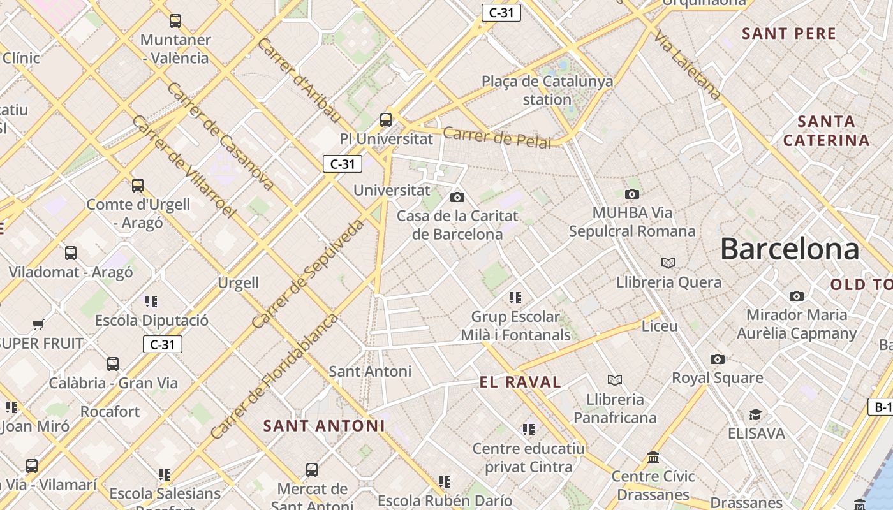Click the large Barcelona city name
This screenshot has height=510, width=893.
tap(790, 249)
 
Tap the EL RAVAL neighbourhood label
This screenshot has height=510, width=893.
tap(520, 382)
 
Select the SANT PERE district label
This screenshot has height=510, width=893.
tap(789, 34)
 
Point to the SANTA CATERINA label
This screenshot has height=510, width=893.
tap(826, 131)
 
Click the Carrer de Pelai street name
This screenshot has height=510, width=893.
tap(497, 138)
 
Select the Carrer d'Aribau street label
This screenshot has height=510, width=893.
tap(299, 80)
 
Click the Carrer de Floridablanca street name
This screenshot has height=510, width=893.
tap(274, 375)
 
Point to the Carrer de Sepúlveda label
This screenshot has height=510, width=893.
tap(308, 274)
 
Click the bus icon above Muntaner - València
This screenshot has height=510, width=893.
tap(175, 21)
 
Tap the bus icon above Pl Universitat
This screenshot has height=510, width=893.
tap(386, 119)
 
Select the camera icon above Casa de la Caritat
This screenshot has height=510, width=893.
tap(457, 197)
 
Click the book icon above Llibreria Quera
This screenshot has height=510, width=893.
tap(668, 263)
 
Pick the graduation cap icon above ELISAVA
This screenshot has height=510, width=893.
tap(755, 415)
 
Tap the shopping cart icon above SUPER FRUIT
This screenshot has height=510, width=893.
tap(38, 324)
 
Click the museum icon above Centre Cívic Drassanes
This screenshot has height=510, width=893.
tap(653, 458)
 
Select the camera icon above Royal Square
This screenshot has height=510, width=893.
tap(718, 360)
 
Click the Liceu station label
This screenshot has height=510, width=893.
tap(660, 326)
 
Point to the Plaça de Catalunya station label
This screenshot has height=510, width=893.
tap(547, 90)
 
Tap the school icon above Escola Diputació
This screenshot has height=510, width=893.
tap(151, 301)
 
